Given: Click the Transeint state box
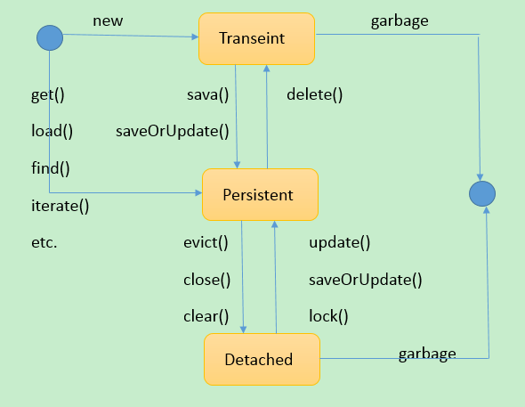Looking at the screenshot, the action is tap(256, 39).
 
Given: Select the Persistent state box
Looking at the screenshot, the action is tap(260, 195).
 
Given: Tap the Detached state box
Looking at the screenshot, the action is tap(262, 360).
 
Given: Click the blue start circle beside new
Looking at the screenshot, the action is tap(50, 38).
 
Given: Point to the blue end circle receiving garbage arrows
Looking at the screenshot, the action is tap(482, 193).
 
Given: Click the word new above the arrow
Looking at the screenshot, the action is tap(108, 21).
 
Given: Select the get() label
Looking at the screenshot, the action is tap(47, 95).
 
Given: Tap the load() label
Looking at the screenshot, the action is tap(52, 131).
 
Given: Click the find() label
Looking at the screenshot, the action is tap(51, 167).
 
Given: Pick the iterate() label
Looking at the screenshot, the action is tap(61, 206).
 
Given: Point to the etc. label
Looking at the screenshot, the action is tap(44, 242).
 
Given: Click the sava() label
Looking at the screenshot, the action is tap(208, 95).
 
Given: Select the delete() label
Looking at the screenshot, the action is tap(315, 94).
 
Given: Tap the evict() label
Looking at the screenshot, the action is tap(206, 242).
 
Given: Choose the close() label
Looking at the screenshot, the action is tap(207, 280).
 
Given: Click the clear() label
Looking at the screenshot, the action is tap(206, 316).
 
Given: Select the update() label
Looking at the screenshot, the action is tap(340, 242).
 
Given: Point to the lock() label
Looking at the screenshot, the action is tap(328, 316).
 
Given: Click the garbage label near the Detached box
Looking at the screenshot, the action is tap(427, 354).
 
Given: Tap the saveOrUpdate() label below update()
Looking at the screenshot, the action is tap(366, 280).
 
